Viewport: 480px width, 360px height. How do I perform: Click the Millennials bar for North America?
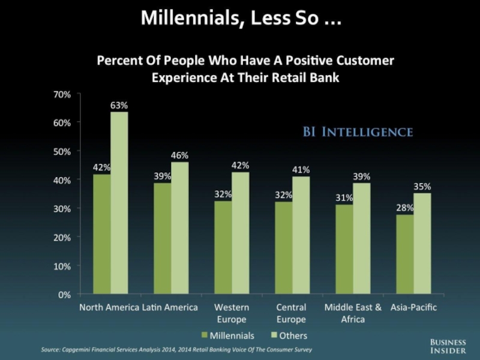pos(101,234)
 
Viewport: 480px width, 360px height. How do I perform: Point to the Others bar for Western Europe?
pos(241,233)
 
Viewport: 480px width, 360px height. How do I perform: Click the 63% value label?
pos(119,106)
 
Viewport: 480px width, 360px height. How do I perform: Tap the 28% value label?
pos(404,208)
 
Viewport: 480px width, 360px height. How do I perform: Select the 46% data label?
pos(180,155)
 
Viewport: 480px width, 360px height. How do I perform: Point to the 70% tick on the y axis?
pos(62,94)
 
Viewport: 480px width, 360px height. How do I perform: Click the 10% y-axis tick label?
pos(62,266)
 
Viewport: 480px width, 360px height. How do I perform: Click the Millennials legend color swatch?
pos(205,335)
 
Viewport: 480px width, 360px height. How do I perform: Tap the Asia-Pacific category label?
pos(413,308)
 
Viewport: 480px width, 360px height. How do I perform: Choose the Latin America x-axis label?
pos(170,308)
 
